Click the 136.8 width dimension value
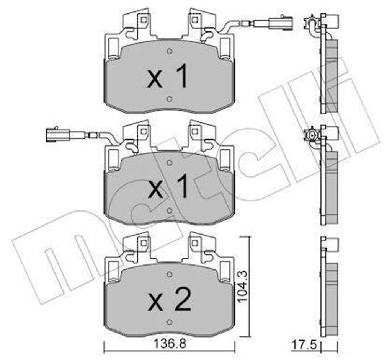pos(170,344)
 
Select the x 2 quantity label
pos(170,301)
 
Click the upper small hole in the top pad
pos(170,51)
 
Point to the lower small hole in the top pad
pos(169,99)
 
